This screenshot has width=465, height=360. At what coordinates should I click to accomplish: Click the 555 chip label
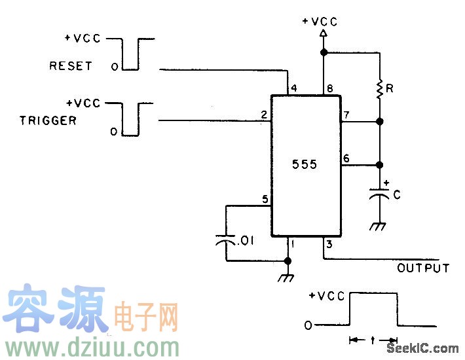click(304, 164)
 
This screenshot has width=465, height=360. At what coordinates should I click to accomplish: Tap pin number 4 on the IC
click(293, 88)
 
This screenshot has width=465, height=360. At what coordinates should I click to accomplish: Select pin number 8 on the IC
click(329, 88)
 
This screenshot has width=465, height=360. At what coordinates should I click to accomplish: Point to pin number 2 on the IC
click(263, 115)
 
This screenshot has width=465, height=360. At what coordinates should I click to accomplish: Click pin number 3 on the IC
click(329, 245)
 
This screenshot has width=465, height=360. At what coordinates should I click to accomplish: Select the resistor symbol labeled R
click(379, 88)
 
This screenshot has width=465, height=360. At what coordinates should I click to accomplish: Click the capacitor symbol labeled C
click(379, 194)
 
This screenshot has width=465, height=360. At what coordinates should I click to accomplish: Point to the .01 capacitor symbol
click(226, 242)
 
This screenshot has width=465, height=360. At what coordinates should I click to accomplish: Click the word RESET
click(70, 66)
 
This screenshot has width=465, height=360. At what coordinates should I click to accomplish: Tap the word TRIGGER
click(48, 120)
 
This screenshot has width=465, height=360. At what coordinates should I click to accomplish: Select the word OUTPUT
click(423, 268)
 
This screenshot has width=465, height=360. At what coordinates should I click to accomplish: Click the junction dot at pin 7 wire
click(379, 122)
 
